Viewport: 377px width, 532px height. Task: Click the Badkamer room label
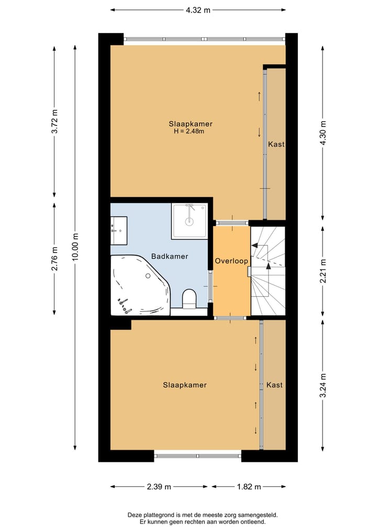[x=170, y=256]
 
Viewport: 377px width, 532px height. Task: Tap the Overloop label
[x=231, y=261]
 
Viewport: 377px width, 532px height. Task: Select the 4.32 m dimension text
[x=198, y=10]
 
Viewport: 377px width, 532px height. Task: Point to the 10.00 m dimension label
[x=75, y=247]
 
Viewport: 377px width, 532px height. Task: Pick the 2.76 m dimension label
[x=54, y=259]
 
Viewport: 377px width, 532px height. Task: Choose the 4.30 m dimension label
[x=323, y=133]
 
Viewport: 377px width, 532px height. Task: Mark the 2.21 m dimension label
[x=323, y=271]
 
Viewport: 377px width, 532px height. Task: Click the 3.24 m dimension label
[x=323, y=386]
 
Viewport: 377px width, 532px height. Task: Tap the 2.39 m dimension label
[x=159, y=487]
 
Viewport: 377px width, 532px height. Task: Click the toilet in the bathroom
[x=190, y=299]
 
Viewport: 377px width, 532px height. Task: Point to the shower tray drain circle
[x=189, y=222]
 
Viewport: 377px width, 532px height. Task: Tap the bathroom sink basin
[x=118, y=230]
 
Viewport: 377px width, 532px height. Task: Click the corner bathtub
[x=140, y=285]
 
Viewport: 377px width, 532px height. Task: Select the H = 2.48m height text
[x=189, y=131]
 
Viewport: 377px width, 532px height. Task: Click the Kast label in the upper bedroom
[x=276, y=144]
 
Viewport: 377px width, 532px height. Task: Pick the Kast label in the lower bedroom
[x=274, y=385]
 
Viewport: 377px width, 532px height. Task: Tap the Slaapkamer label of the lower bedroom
[x=185, y=385]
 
